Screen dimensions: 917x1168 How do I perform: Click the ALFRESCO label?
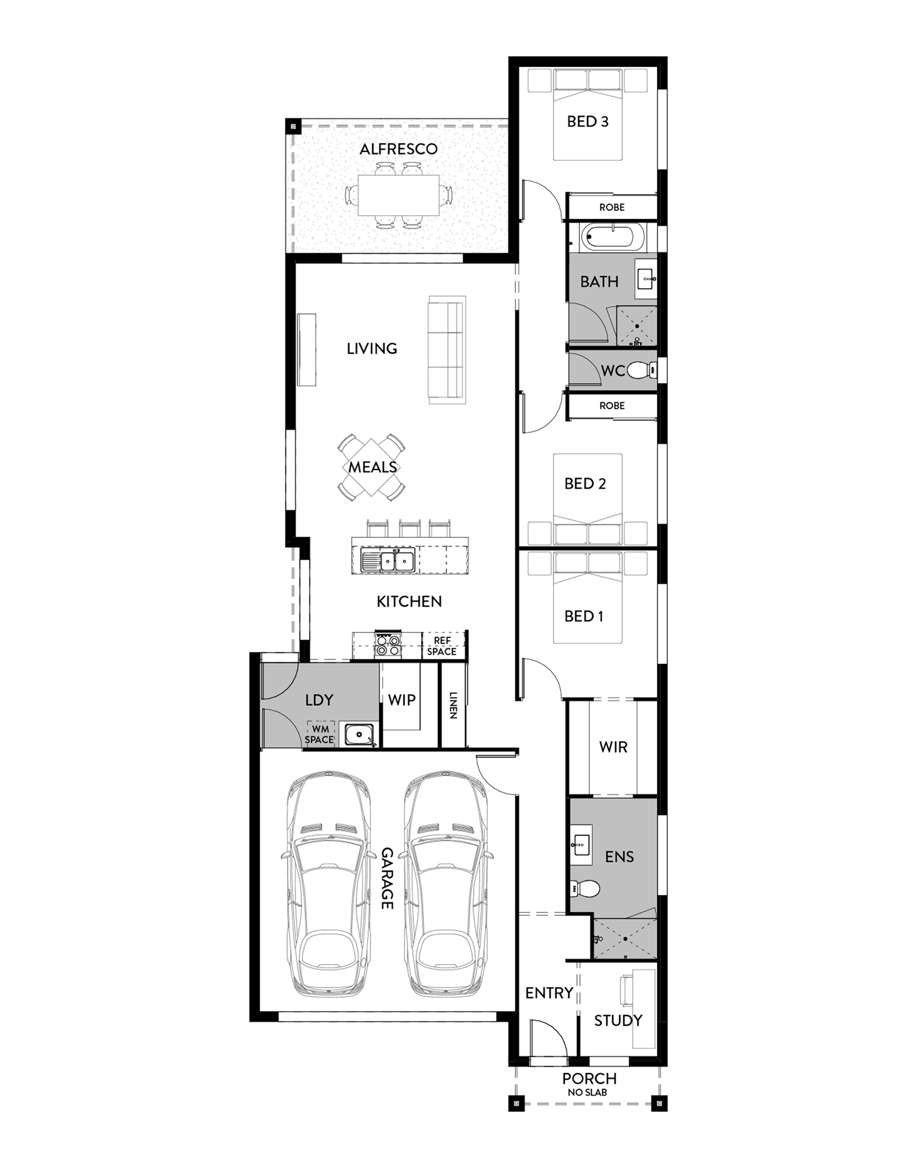pyautogui.click(x=398, y=149)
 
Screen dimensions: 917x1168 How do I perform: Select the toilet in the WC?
pyautogui.click(x=642, y=369)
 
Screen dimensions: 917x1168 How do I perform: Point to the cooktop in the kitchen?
pyautogui.click(x=388, y=644)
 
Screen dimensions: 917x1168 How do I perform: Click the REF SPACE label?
pyautogui.click(x=442, y=646)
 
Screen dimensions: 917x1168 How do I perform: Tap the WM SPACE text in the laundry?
pyautogui.click(x=319, y=734)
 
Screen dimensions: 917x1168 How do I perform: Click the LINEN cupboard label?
pyautogui.click(x=452, y=705)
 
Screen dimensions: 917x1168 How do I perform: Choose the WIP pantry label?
pyautogui.click(x=402, y=700)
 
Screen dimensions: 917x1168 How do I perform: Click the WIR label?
pyautogui.click(x=613, y=747)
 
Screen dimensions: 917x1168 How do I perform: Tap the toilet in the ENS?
pyautogui.click(x=585, y=889)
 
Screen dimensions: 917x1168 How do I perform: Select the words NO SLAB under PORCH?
pyautogui.click(x=588, y=1092)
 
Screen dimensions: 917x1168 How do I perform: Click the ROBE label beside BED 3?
pyautogui.click(x=612, y=208)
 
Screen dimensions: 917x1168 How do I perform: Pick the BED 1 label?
pyautogui.click(x=584, y=616)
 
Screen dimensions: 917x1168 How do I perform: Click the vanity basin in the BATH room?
pyautogui.click(x=646, y=279)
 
